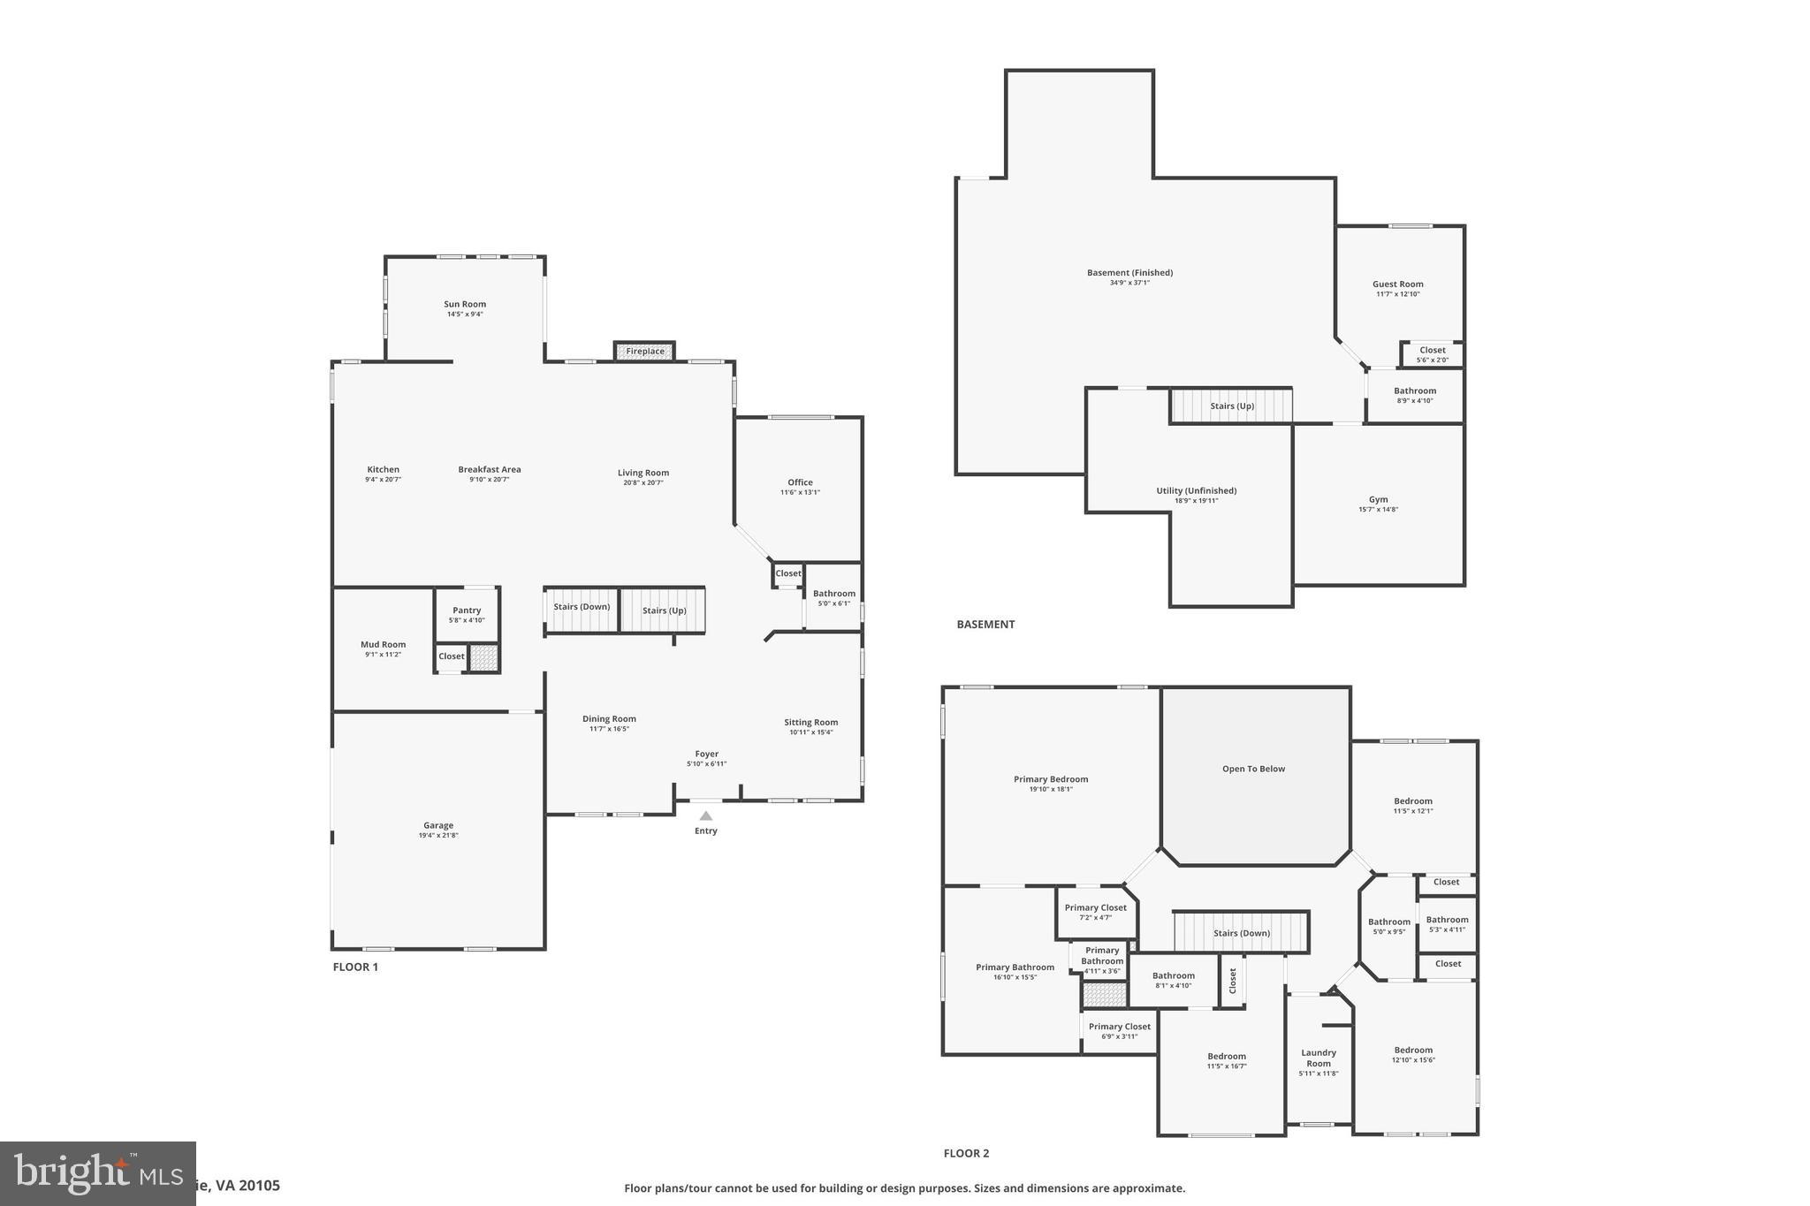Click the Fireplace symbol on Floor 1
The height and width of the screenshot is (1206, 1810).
tap(644, 352)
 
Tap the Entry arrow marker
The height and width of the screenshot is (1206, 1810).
tap(705, 816)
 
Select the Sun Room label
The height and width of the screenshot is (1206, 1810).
tap(465, 304)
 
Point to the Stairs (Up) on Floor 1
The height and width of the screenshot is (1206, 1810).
tap(664, 611)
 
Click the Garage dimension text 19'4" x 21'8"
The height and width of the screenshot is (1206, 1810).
tap(438, 836)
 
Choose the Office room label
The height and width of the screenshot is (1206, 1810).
tap(800, 482)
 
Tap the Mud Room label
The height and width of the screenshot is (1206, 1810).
tap(383, 645)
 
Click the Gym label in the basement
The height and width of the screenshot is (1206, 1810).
tap(1378, 499)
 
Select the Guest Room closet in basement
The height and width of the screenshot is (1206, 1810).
tap(1432, 354)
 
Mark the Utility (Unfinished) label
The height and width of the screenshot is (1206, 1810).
tap(1196, 490)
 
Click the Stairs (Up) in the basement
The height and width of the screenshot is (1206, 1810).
tap(1231, 406)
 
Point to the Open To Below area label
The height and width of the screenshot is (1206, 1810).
tap(1253, 769)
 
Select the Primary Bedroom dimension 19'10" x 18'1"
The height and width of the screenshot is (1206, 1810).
tap(1051, 790)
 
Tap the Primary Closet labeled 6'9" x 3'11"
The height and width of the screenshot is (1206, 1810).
tap(1119, 1031)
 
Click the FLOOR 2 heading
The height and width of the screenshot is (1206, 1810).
tap(966, 1153)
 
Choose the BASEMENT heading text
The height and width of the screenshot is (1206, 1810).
tap(985, 625)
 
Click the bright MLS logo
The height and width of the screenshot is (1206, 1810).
tap(97, 1173)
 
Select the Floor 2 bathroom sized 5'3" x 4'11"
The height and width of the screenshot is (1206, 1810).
tap(1447, 924)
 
